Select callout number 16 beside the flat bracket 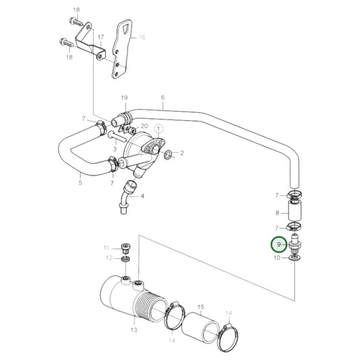pos(142,38)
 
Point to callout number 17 pos(100,37)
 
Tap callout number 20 pos(144,126)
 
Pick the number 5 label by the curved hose pos(80,182)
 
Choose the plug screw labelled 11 pos(125,247)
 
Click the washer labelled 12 pos(125,259)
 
